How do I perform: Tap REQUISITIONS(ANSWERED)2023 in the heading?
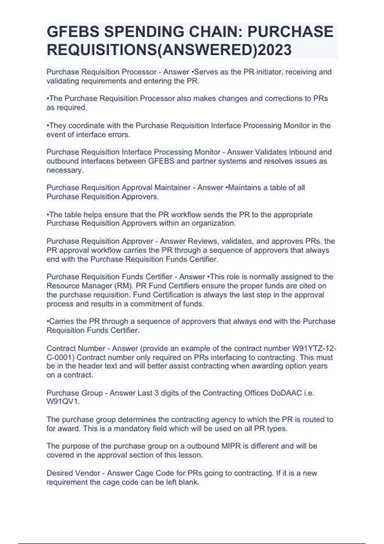[x=169, y=50]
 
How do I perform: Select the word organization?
[x=214, y=223]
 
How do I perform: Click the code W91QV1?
[x=63, y=402]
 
